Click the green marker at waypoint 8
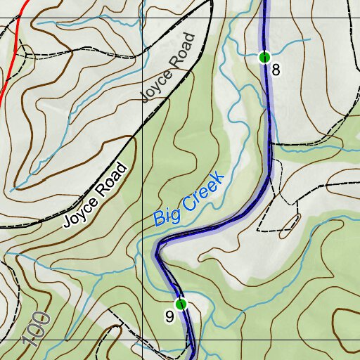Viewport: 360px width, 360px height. [x=264, y=57]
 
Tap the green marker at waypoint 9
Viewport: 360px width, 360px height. [x=181, y=304]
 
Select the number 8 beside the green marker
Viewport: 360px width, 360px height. [x=276, y=70]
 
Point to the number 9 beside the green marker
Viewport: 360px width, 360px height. [x=169, y=317]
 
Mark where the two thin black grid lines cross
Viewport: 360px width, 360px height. [x=143, y=18]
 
